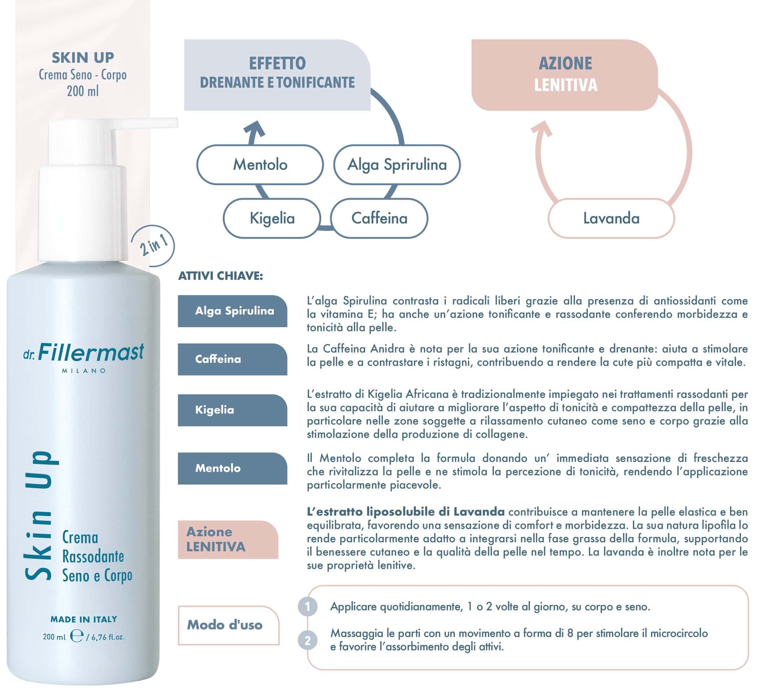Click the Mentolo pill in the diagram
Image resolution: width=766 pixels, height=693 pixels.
point(260,165)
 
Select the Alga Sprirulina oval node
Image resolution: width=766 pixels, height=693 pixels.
point(397,165)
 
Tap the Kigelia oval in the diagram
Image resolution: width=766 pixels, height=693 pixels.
point(272,218)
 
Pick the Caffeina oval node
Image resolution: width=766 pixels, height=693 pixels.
point(379,218)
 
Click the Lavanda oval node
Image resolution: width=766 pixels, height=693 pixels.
point(612,218)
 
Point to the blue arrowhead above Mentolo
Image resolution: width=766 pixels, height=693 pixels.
point(254,129)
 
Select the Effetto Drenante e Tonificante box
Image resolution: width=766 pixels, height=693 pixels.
point(277,75)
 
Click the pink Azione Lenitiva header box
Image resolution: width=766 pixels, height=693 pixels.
point(565,75)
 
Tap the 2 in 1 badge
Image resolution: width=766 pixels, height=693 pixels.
point(153,246)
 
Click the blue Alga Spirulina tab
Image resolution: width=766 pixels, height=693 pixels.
point(232,311)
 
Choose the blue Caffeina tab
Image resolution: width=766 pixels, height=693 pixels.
point(232,359)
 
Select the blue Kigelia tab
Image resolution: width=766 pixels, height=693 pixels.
point(232,410)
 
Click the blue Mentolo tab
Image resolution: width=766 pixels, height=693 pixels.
point(232,468)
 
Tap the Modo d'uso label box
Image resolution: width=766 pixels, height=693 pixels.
point(229,626)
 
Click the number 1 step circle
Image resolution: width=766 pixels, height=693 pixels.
point(308,607)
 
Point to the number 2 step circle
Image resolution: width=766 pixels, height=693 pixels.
point(308,641)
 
